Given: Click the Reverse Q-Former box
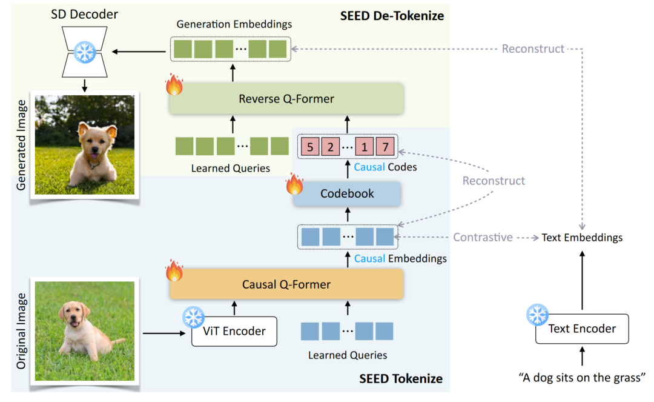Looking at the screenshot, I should [x=286, y=99].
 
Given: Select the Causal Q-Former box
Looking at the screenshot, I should [x=286, y=284].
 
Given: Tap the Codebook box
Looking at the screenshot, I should [x=347, y=194].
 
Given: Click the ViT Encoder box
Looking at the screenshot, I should [x=234, y=331].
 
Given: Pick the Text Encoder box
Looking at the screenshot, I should [x=582, y=329].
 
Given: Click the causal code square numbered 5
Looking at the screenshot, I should [x=309, y=146].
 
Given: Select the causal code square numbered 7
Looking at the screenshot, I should [x=385, y=146].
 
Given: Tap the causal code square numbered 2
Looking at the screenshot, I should [x=331, y=146].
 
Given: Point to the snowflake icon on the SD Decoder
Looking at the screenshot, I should [x=85, y=53].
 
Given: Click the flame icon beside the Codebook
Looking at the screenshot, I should [x=295, y=184].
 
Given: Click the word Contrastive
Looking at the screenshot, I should [x=483, y=237].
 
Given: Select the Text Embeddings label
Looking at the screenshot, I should [x=582, y=238].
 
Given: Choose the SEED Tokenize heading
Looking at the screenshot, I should [x=401, y=379].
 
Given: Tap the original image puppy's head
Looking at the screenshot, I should [x=72, y=315].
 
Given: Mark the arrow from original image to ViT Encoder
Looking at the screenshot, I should [x=163, y=332].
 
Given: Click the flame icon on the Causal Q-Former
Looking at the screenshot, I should [x=174, y=271].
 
